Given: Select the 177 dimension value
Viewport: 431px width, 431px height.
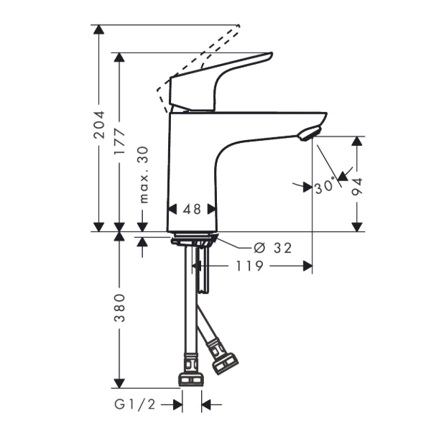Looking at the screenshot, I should pos(119,142).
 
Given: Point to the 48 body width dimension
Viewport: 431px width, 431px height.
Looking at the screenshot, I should pos(192,209).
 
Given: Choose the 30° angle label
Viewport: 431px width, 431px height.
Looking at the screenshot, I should pos(324,186).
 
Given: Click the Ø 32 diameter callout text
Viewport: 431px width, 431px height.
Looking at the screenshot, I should pos(274,248).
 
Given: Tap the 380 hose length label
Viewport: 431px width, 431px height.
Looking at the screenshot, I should pos(119,307).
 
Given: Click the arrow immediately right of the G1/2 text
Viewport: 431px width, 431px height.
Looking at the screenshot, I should pos(176,405).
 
